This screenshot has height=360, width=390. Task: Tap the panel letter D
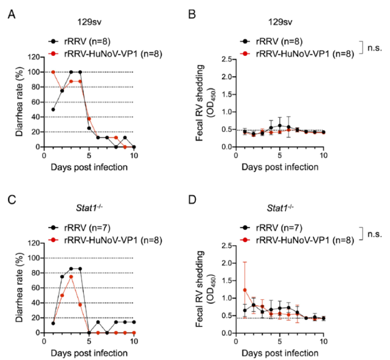[x=208, y=200]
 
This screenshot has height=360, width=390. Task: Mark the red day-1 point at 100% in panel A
[x=54, y=72]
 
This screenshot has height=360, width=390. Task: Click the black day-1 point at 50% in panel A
[x=54, y=109]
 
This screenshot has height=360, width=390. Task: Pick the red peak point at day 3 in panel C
[x=71, y=276]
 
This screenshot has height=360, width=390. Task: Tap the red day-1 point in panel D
[x=245, y=289]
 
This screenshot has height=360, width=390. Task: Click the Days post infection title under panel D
[x=280, y=354]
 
